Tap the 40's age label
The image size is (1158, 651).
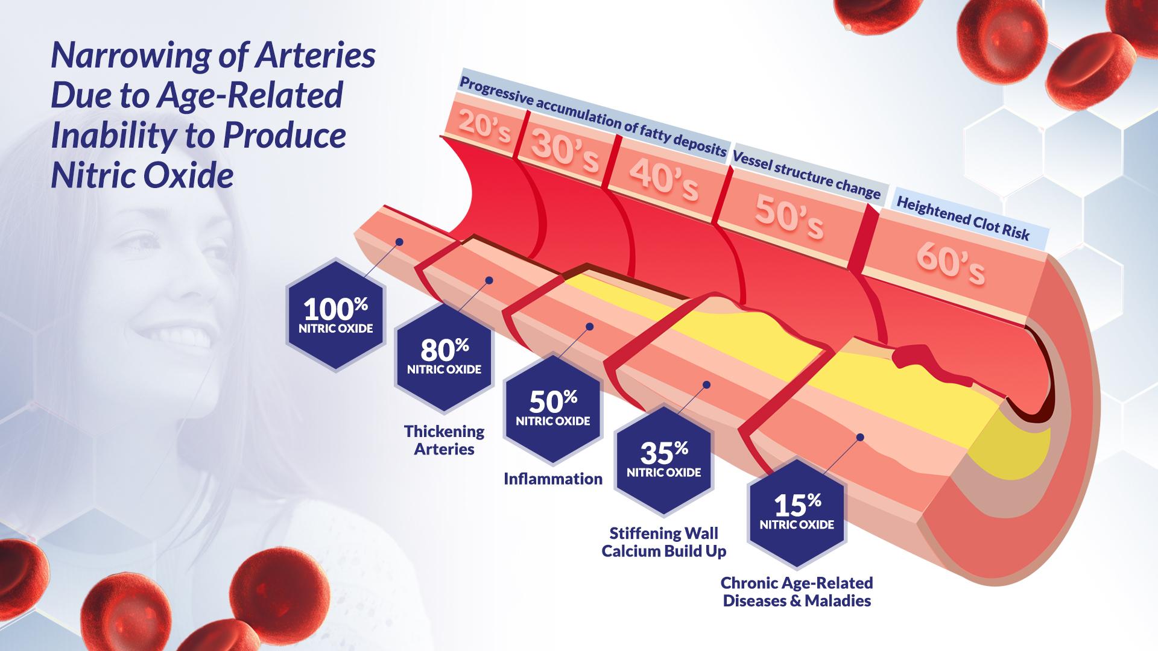663,178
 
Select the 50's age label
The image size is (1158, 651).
789,217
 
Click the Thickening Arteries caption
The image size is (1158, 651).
445,440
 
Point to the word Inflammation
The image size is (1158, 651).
553,479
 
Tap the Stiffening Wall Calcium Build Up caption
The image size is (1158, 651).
663,542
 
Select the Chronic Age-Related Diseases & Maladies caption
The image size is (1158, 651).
797,592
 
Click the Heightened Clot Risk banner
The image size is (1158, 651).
963,219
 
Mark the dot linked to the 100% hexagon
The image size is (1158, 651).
399,242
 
